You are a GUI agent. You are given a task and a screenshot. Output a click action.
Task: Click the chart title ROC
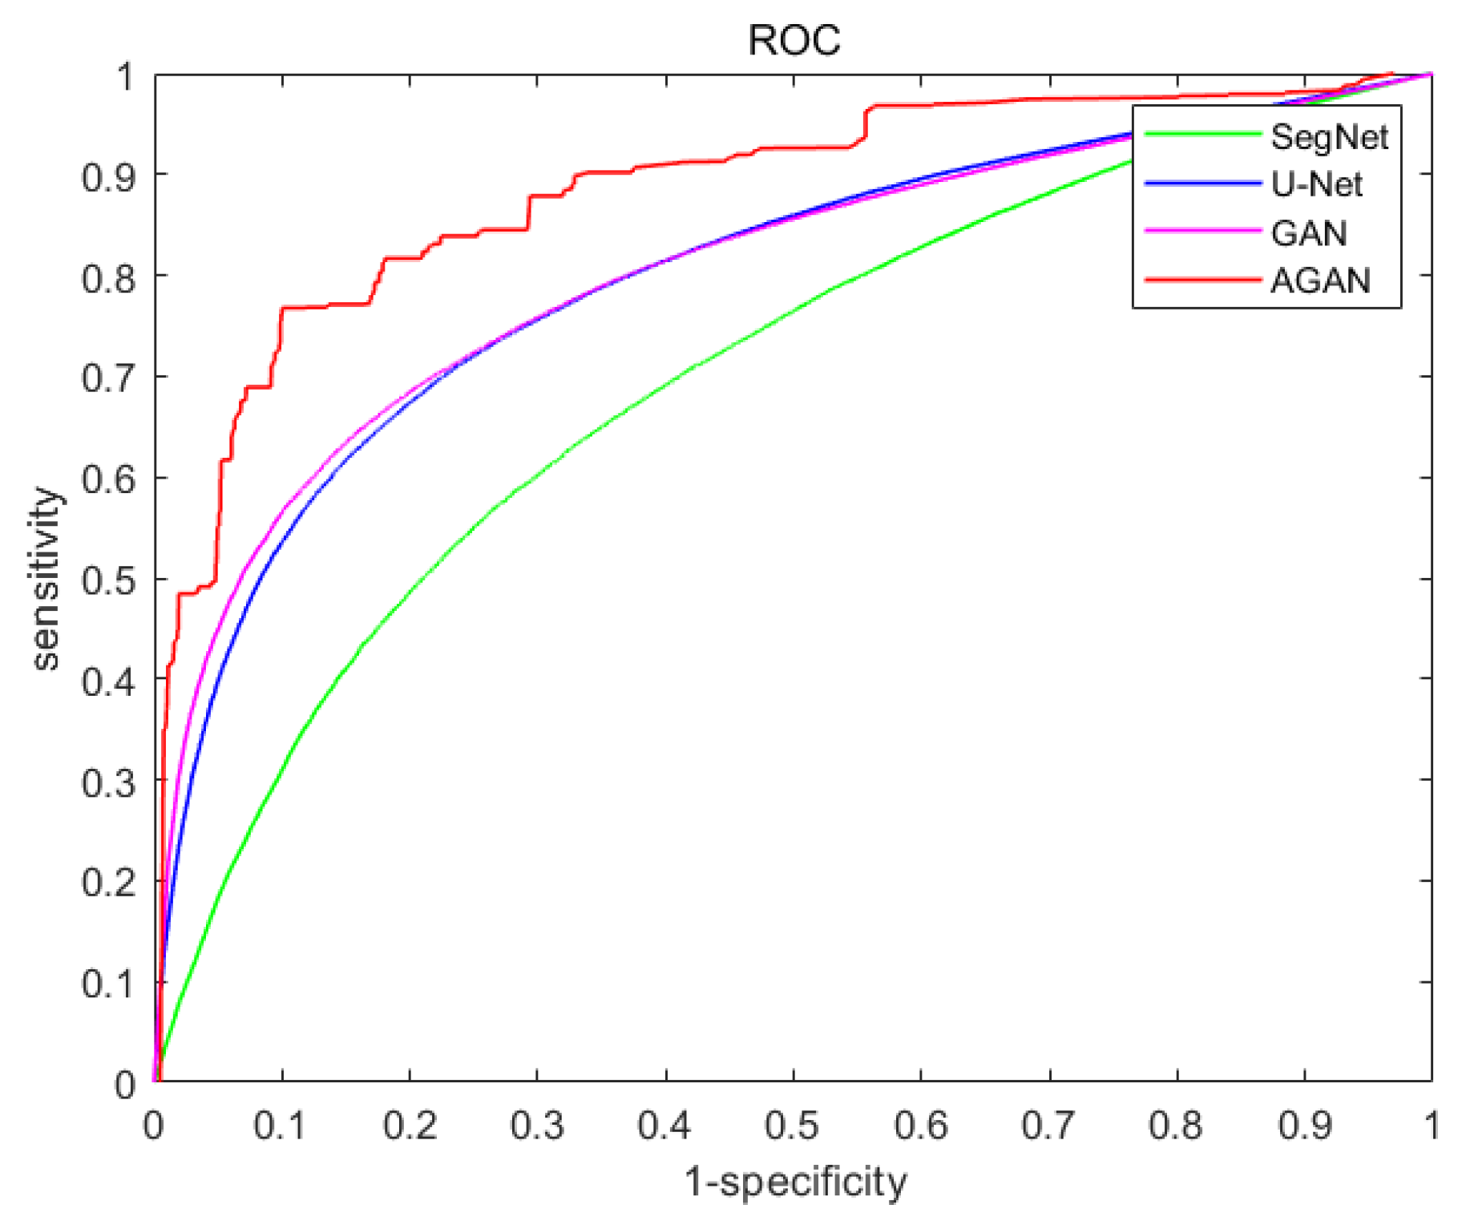click(x=794, y=40)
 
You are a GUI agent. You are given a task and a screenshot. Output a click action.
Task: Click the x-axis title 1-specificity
click(x=795, y=1182)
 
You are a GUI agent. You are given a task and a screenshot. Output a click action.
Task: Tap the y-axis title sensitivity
click(x=46, y=577)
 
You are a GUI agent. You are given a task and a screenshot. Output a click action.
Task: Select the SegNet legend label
click(x=1329, y=137)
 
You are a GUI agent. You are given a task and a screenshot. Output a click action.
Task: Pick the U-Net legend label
click(x=1316, y=184)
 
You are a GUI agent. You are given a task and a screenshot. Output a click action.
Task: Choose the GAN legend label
click(x=1308, y=232)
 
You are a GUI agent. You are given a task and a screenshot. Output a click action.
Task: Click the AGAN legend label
click(x=1319, y=281)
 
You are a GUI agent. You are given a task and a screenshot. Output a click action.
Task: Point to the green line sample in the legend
click(x=1202, y=134)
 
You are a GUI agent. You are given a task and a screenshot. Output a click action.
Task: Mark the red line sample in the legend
click(x=1202, y=279)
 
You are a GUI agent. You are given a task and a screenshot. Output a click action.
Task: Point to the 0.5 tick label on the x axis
click(x=792, y=1126)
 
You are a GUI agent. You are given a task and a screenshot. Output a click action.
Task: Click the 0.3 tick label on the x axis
click(x=536, y=1126)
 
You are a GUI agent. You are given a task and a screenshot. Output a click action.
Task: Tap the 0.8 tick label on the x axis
click(x=1175, y=1126)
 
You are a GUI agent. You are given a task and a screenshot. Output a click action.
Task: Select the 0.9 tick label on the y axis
click(x=108, y=177)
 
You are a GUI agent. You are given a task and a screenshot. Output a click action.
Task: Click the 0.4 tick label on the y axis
click(x=108, y=681)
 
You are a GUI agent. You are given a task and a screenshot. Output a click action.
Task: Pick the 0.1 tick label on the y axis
click(x=108, y=984)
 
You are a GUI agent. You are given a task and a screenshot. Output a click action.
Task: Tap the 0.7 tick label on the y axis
click(x=108, y=378)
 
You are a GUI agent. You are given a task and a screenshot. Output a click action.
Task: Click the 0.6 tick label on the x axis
click(x=920, y=1126)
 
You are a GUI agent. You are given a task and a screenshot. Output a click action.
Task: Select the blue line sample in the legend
click(x=1202, y=184)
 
